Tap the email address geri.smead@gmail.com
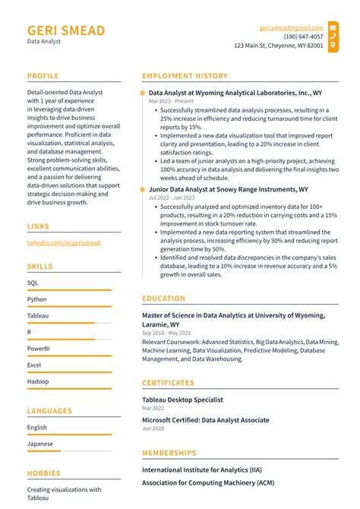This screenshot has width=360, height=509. (x=291, y=27)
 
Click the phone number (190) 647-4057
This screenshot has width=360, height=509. (x=303, y=36)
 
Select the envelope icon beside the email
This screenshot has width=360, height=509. (x=333, y=27)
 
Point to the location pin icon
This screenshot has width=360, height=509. (x=333, y=46)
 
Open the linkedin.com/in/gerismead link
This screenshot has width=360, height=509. (x=63, y=242)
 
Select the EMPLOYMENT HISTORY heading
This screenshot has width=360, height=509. (x=185, y=76)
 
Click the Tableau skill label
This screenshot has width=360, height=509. (x=38, y=315)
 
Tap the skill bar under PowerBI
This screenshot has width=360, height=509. (x=69, y=356)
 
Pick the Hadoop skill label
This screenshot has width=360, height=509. (x=38, y=381)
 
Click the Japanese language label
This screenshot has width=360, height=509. (x=40, y=444)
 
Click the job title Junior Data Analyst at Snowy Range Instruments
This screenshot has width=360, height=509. (x=228, y=189)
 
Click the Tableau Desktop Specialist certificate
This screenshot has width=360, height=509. (x=182, y=400)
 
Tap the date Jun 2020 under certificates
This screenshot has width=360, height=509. (x=153, y=428)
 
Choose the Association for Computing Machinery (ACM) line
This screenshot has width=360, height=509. (x=207, y=482)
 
